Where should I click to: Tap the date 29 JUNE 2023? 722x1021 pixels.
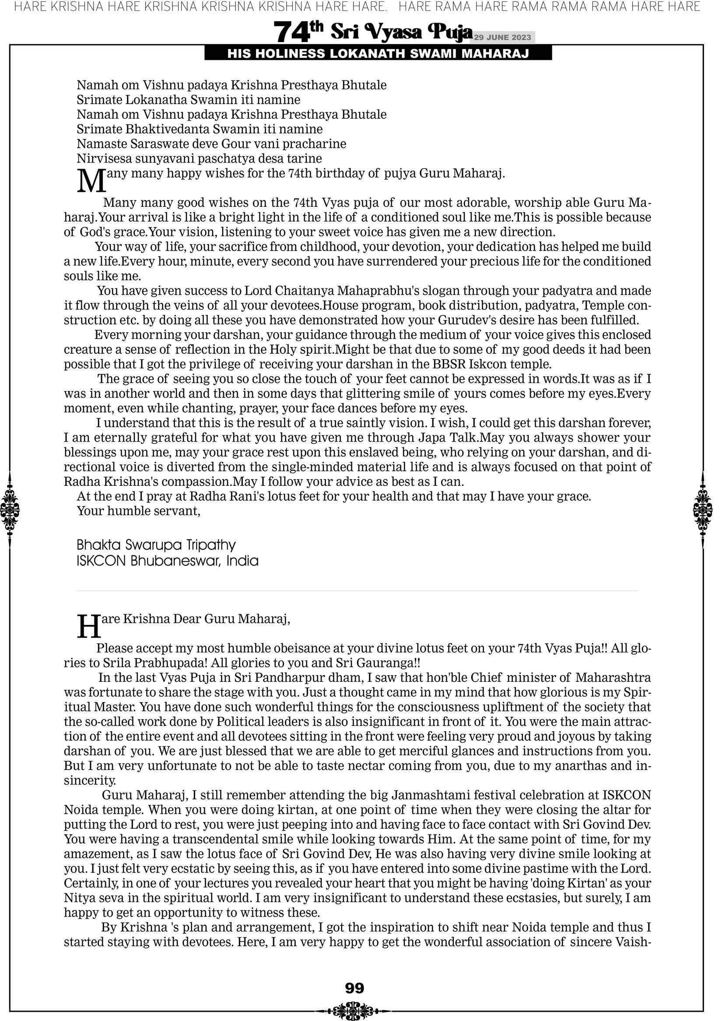click(502, 37)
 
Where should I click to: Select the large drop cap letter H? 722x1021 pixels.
click(89, 627)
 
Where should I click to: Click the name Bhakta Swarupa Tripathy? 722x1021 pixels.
click(156, 545)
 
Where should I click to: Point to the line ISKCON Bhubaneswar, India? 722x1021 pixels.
click(167, 561)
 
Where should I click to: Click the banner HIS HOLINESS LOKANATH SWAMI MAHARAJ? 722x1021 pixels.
click(378, 54)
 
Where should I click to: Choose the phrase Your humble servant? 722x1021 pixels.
click(138, 511)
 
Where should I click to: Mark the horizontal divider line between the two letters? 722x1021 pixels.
click(357, 591)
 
